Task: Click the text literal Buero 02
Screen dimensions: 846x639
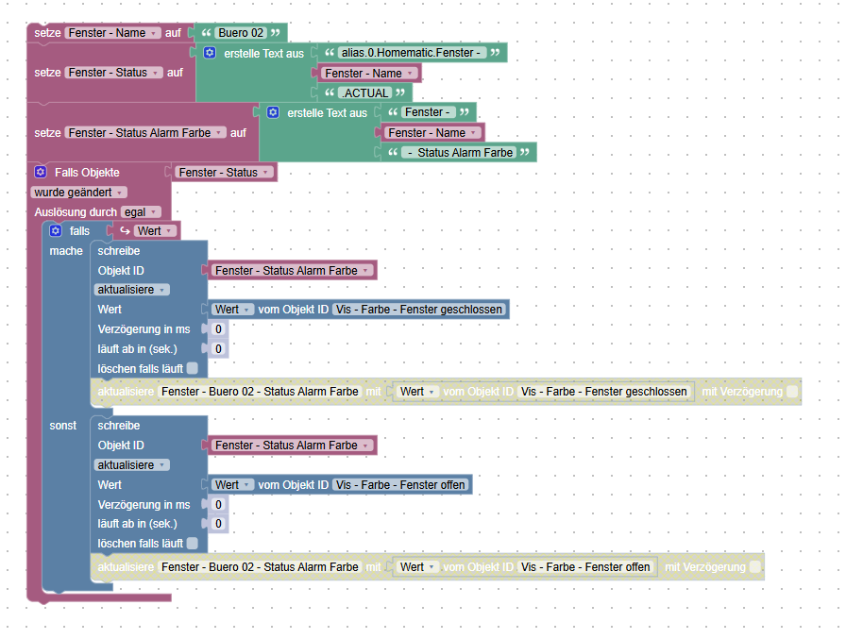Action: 241,33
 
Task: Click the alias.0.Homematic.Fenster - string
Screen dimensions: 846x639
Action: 412,53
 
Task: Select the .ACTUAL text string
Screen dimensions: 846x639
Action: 365,93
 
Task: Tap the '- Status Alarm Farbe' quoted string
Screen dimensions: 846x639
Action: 461,153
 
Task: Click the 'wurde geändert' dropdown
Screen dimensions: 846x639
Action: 78,193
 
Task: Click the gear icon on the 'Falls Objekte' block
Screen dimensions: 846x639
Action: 41,172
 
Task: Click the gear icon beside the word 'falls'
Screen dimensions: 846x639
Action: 56,231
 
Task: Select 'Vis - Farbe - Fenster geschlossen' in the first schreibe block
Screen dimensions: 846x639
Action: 418,310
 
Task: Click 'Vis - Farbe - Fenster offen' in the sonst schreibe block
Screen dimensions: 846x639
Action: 400,485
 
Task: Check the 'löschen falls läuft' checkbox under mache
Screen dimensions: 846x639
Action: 192,368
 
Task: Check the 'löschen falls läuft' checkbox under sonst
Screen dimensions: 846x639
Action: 192,543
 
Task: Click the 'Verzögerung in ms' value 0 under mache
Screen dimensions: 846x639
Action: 218,328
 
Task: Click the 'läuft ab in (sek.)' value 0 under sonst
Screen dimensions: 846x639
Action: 218,524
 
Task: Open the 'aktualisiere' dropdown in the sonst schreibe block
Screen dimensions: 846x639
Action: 131,464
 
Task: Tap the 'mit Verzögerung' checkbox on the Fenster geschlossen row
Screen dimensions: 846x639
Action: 792,392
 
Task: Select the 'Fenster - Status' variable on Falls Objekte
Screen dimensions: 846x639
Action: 224,173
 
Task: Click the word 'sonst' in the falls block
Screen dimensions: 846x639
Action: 63,426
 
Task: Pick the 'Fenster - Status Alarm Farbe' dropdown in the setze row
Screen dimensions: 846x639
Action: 145,133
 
